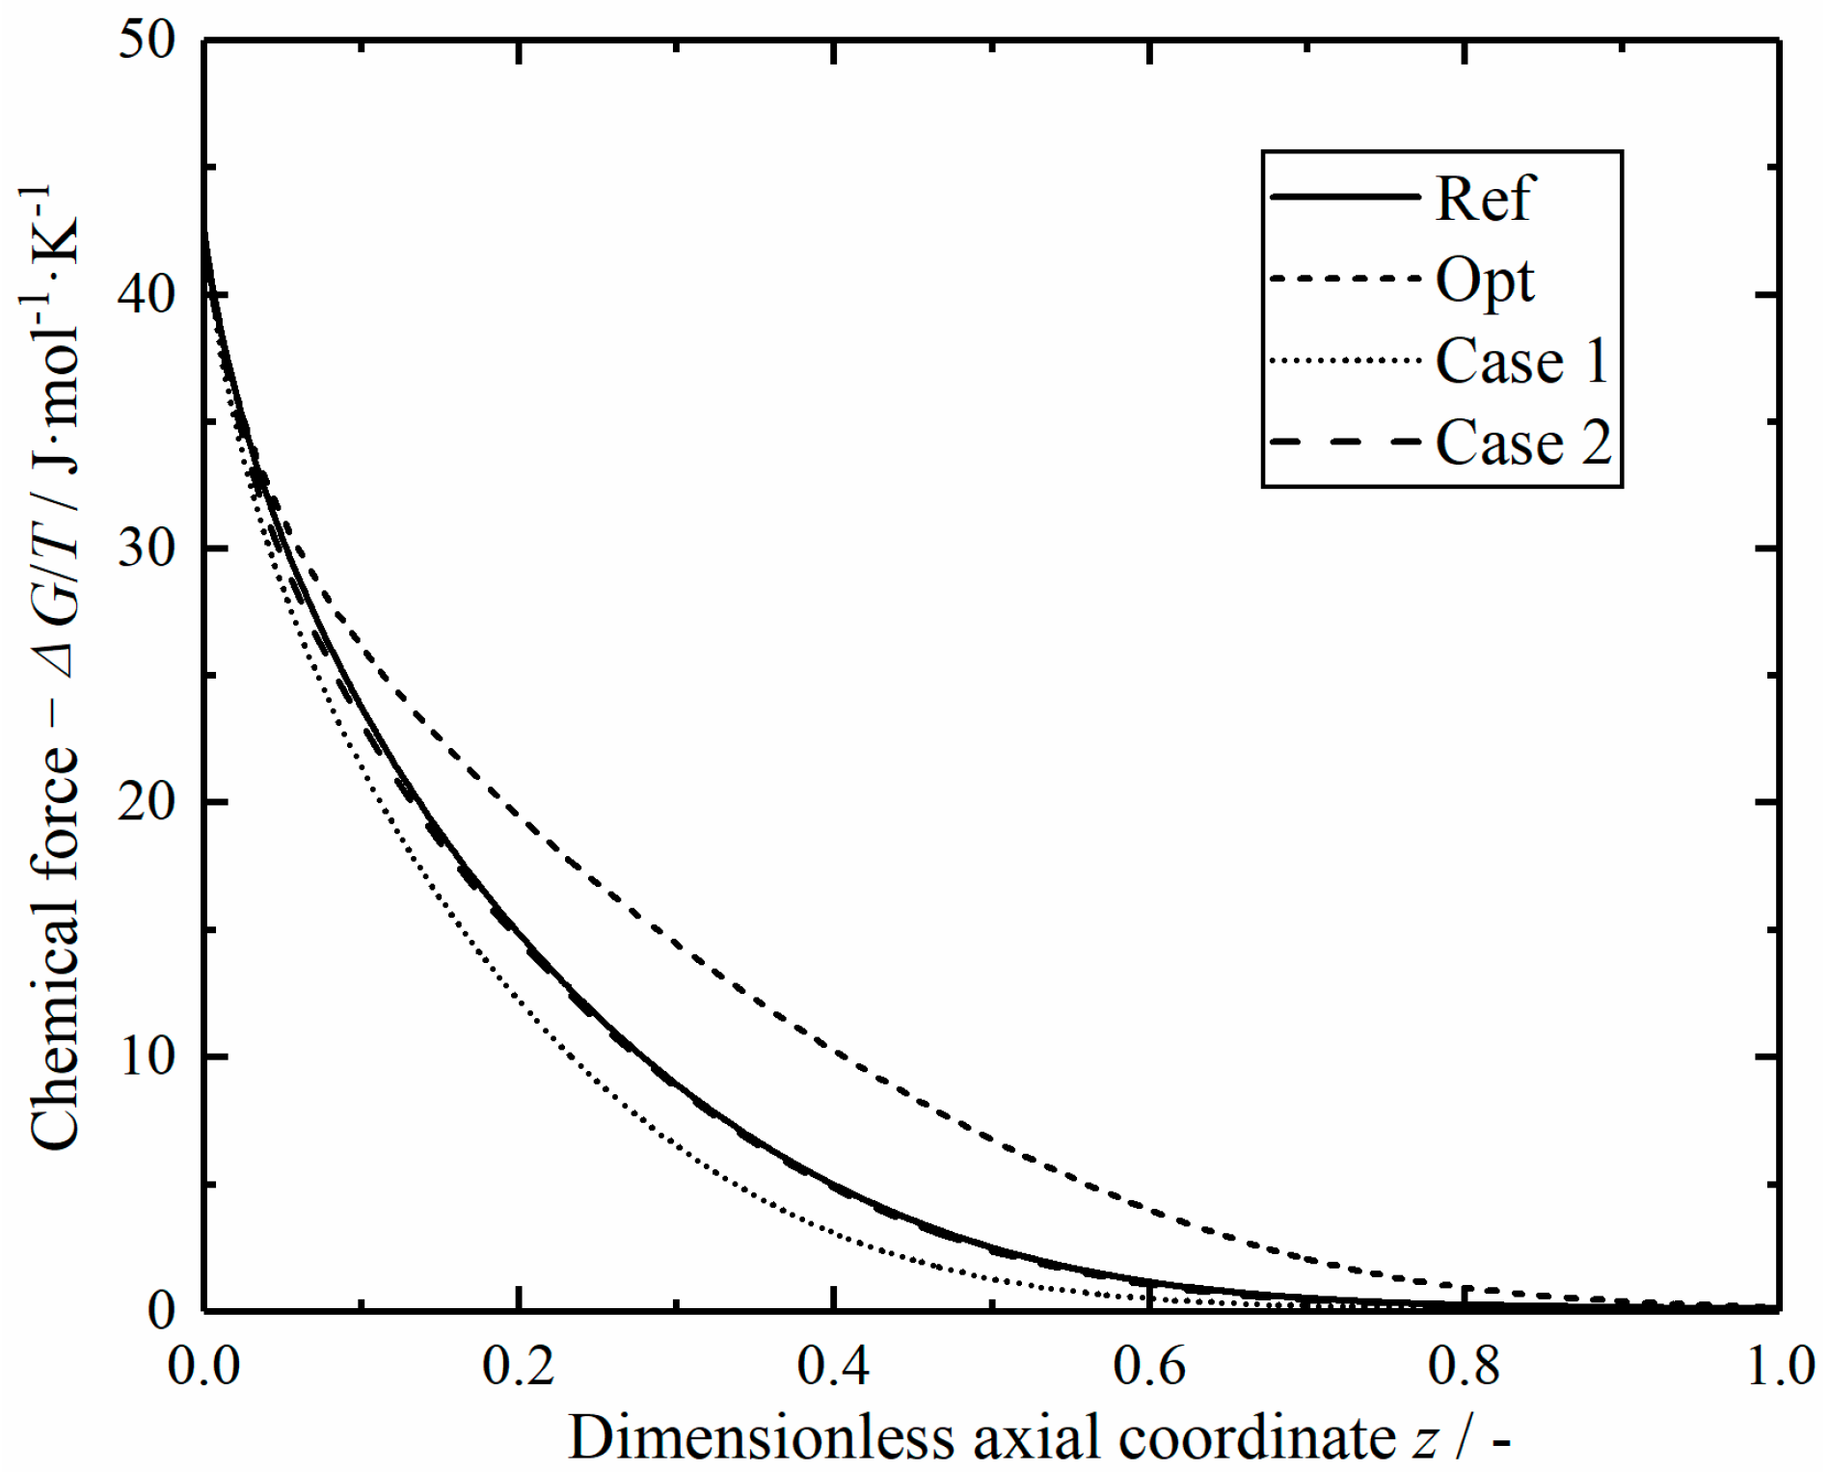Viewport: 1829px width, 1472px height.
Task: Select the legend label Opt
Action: click(1484, 281)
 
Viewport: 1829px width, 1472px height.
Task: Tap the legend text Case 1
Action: click(1521, 361)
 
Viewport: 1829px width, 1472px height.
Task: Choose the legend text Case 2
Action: click(1522, 443)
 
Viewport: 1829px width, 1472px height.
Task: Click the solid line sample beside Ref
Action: click(1345, 197)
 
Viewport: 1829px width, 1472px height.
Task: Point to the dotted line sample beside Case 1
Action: click(1345, 361)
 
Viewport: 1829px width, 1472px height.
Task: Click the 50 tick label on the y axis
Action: click(148, 40)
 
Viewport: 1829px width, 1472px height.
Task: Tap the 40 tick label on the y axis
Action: click(148, 294)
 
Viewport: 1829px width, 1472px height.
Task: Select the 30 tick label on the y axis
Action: click(148, 549)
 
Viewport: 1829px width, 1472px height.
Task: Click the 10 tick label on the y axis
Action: click(148, 1057)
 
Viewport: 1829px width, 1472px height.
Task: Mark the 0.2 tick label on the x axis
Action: click(518, 1366)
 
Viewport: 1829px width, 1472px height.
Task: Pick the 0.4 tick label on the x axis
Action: click(833, 1366)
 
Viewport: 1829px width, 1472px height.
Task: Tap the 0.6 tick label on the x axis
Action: click(1148, 1366)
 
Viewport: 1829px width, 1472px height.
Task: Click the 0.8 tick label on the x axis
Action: click(1464, 1366)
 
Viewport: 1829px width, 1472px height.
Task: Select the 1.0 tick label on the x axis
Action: click(1780, 1366)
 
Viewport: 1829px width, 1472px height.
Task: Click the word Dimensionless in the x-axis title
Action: click(762, 1437)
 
